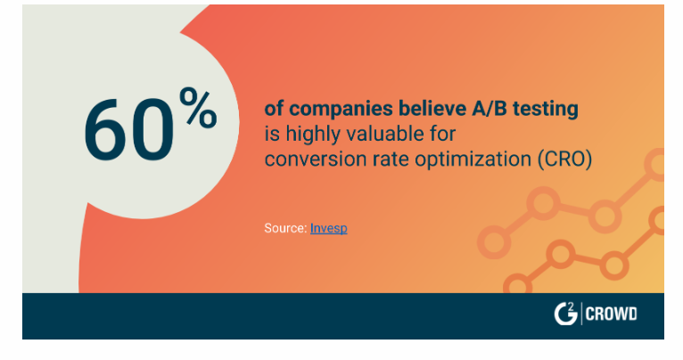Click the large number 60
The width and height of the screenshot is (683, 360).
[129, 130]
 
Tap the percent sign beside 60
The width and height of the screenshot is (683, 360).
[198, 107]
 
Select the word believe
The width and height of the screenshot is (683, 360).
[432, 108]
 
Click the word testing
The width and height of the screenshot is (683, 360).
[546, 110]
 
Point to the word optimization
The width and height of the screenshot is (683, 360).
[473, 160]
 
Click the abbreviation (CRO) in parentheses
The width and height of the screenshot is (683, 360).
[564, 160]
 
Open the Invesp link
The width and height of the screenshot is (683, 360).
[329, 228]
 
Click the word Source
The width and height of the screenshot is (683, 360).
[285, 228]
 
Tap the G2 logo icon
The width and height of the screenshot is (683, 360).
[565, 314]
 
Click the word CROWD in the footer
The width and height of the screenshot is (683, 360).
[611, 314]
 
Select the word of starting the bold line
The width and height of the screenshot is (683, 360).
[274, 109]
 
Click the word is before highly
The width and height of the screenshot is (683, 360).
[272, 134]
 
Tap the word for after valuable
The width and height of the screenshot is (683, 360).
[442, 134]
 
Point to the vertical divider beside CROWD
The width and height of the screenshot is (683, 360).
[581, 314]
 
